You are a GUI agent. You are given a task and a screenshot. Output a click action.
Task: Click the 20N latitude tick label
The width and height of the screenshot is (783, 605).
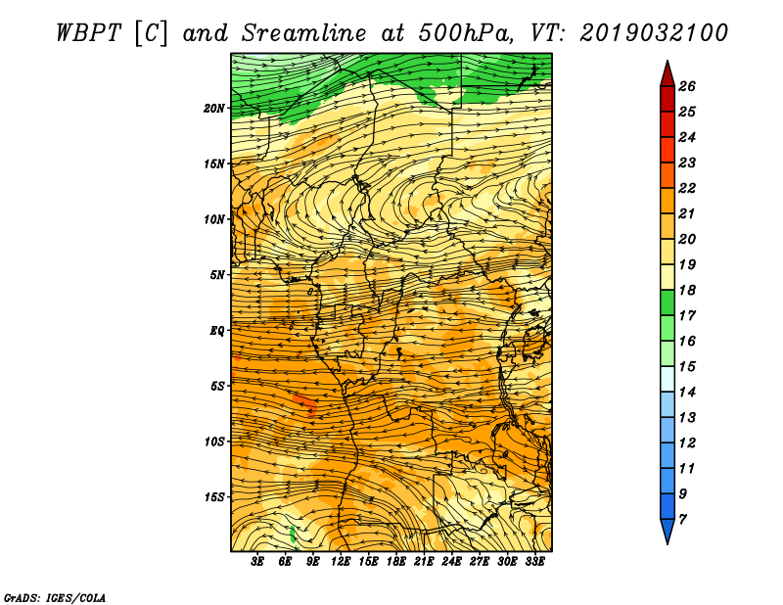tap(214, 108)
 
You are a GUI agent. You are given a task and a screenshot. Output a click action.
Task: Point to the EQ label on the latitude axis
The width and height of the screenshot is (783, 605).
tap(216, 331)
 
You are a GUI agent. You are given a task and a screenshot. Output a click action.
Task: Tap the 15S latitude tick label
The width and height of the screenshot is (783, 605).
tap(214, 497)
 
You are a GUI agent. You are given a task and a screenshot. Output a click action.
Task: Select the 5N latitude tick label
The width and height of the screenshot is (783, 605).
tap(217, 275)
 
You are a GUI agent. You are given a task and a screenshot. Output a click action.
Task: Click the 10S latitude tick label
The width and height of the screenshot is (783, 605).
tap(214, 442)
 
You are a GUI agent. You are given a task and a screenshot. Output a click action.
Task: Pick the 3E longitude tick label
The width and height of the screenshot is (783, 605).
tap(258, 562)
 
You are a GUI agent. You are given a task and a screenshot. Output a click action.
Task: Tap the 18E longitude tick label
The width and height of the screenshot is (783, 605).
tap(396, 562)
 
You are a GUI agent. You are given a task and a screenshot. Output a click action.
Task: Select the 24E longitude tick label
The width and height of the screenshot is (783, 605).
tap(452, 562)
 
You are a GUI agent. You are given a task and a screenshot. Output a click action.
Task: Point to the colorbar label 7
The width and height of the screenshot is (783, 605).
tap(683, 519)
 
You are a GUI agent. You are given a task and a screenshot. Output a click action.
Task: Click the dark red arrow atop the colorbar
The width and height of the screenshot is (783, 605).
tap(667, 72)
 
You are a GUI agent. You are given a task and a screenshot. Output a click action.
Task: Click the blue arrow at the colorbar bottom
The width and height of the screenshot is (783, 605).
tap(667, 532)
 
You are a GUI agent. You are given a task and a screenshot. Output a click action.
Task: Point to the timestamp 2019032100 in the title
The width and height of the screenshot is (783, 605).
tap(654, 32)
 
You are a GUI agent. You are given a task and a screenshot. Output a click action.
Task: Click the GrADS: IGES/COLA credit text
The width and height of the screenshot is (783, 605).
tap(54, 596)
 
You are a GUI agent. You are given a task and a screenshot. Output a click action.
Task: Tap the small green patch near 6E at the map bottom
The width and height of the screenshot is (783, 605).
tap(293, 534)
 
